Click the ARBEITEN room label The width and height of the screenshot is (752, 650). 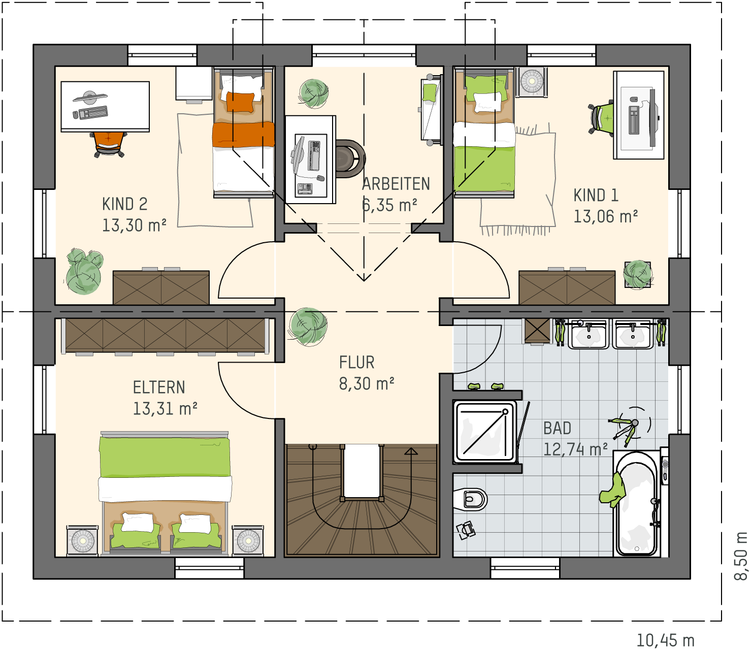pyautogui.click(x=396, y=184)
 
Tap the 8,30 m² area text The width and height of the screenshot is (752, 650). pyautogui.click(x=367, y=384)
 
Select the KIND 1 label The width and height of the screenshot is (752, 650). pyautogui.click(x=596, y=196)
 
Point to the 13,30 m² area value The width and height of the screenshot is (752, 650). pyautogui.click(x=134, y=225)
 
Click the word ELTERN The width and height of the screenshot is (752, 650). pyautogui.click(x=159, y=387)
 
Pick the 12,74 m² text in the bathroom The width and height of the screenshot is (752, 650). pyautogui.click(x=575, y=449)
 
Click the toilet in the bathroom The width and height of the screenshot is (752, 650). pyautogui.click(x=470, y=499)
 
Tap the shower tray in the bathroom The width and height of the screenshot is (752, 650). pyautogui.click(x=485, y=432)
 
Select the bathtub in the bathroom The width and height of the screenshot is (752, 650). pyautogui.click(x=637, y=504)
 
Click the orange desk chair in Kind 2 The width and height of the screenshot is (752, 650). pyautogui.click(x=109, y=144)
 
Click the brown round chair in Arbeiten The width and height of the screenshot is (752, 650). pyautogui.click(x=350, y=159)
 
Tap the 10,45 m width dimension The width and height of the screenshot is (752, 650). pyautogui.click(x=665, y=640)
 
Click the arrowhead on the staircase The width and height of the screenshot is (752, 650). pyautogui.click(x=411, y=451)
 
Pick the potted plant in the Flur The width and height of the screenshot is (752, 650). pyautogui.click(x=307, y=327)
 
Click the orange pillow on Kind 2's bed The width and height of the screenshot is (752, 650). pyautogui.click(x=241, y=102)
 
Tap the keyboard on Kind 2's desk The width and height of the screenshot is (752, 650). pyautogui.click(x=93, y=112)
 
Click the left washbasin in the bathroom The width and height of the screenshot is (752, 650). pyautogui.click(x=588, y=334)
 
